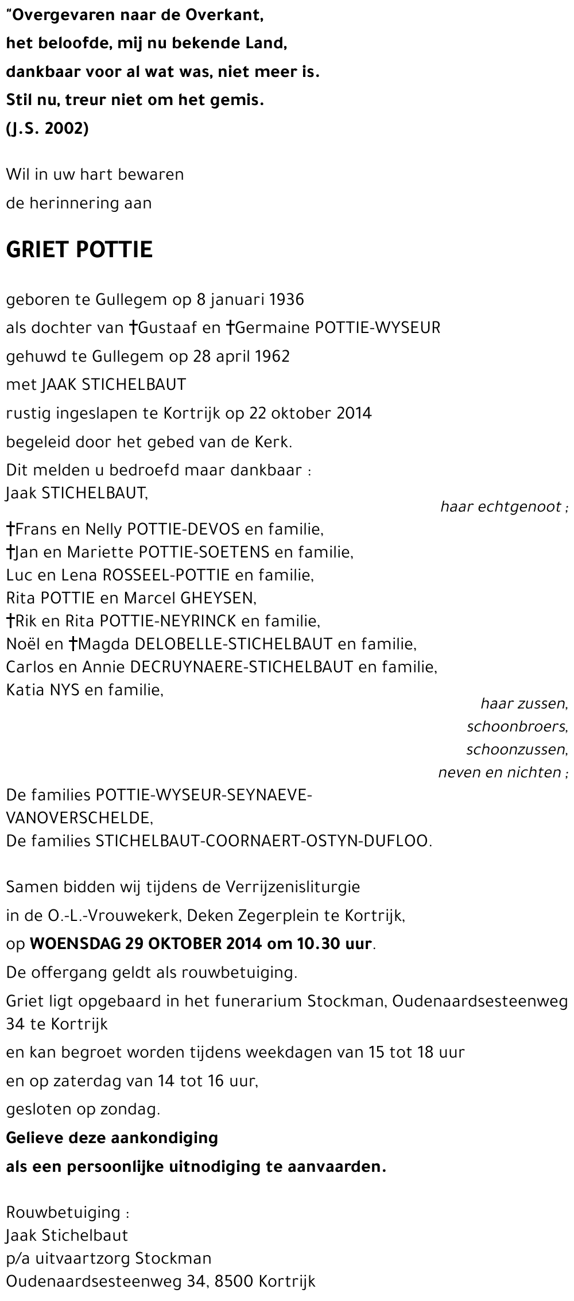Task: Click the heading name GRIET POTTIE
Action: click(79, 250)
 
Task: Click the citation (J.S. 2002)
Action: click(47, 129)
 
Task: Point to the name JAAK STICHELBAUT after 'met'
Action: click(114, 385)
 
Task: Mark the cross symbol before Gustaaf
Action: click(133, 328)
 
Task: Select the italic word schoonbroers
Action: click(517, 727)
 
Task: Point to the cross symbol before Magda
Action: click(73, 644)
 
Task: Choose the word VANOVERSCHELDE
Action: click(79, 818)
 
